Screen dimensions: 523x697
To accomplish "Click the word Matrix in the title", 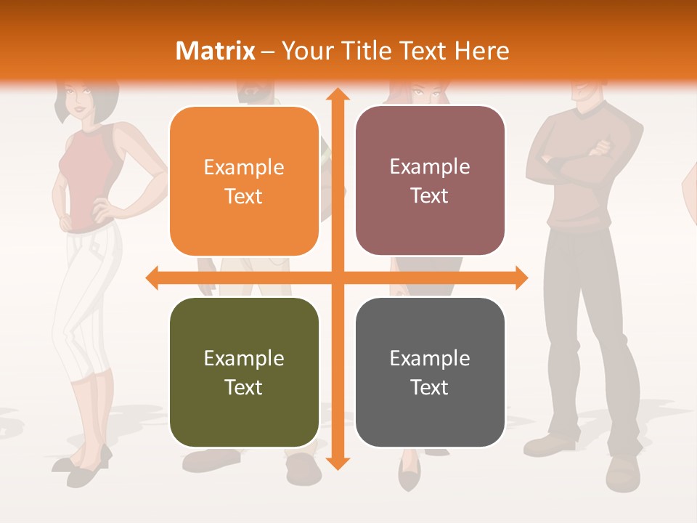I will click(216, 51).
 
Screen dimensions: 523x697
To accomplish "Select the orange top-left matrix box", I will click(244, 182).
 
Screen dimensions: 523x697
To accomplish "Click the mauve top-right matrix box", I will click(430, 181).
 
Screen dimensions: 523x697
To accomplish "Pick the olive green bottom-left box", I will click(244, 373).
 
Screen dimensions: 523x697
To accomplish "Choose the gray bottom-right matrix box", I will click(430, 373).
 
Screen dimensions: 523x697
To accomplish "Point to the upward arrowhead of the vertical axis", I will click(337, 95).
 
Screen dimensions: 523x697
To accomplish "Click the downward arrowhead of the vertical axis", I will click(337, 463).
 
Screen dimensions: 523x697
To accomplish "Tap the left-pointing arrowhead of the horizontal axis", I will click(153, 277).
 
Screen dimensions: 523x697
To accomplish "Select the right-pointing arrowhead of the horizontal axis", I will click(521, 277).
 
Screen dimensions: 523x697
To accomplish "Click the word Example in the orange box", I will click(244, 168).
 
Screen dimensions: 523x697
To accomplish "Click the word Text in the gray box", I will click(430, 387).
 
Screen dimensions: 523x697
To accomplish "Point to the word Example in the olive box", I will click(244, 359).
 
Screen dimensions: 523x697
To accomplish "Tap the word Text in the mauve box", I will click(430, 195).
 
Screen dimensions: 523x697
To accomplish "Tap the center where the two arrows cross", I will click(337, 277).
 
